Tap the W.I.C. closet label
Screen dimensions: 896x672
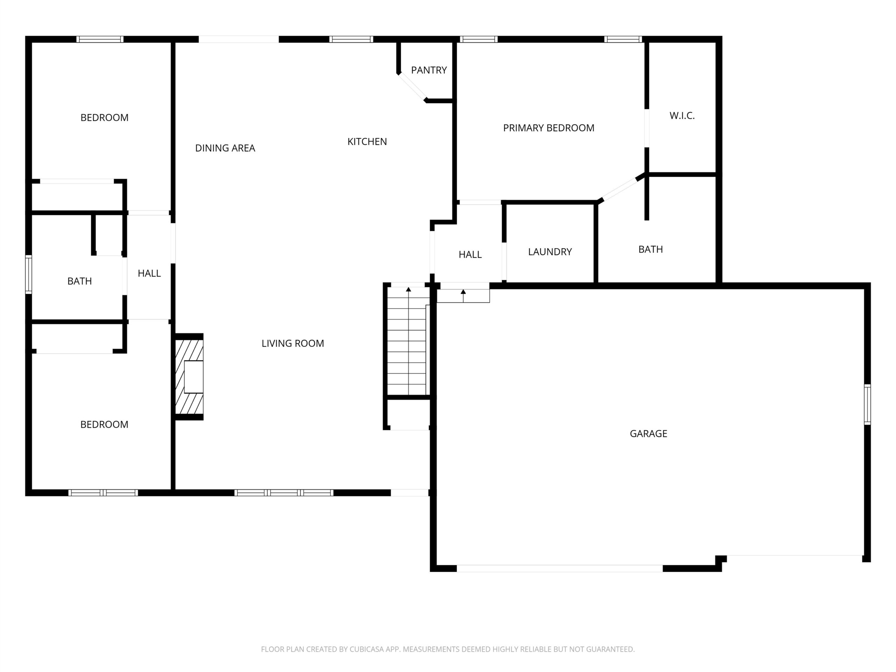click(682, 116)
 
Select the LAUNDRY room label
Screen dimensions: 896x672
click(549, 252)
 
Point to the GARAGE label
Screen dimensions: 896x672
click(648, 434)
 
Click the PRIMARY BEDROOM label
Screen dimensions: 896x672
click(548, 128)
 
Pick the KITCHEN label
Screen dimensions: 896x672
click(367, 142)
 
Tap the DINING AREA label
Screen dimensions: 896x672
click(225, 148)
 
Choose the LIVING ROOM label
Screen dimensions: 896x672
click(293, 343)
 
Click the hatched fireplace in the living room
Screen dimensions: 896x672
click(189, 377)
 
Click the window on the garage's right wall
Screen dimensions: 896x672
click(867, 404)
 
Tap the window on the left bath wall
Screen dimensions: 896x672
click(28, 274)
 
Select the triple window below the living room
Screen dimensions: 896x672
click(284, 493)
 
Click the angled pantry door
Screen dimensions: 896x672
click(412, 87)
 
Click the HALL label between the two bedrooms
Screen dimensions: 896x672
click(149, 273)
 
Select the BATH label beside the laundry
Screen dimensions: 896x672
click(651, 250)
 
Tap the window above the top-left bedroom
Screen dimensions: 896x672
click(100, 39)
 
